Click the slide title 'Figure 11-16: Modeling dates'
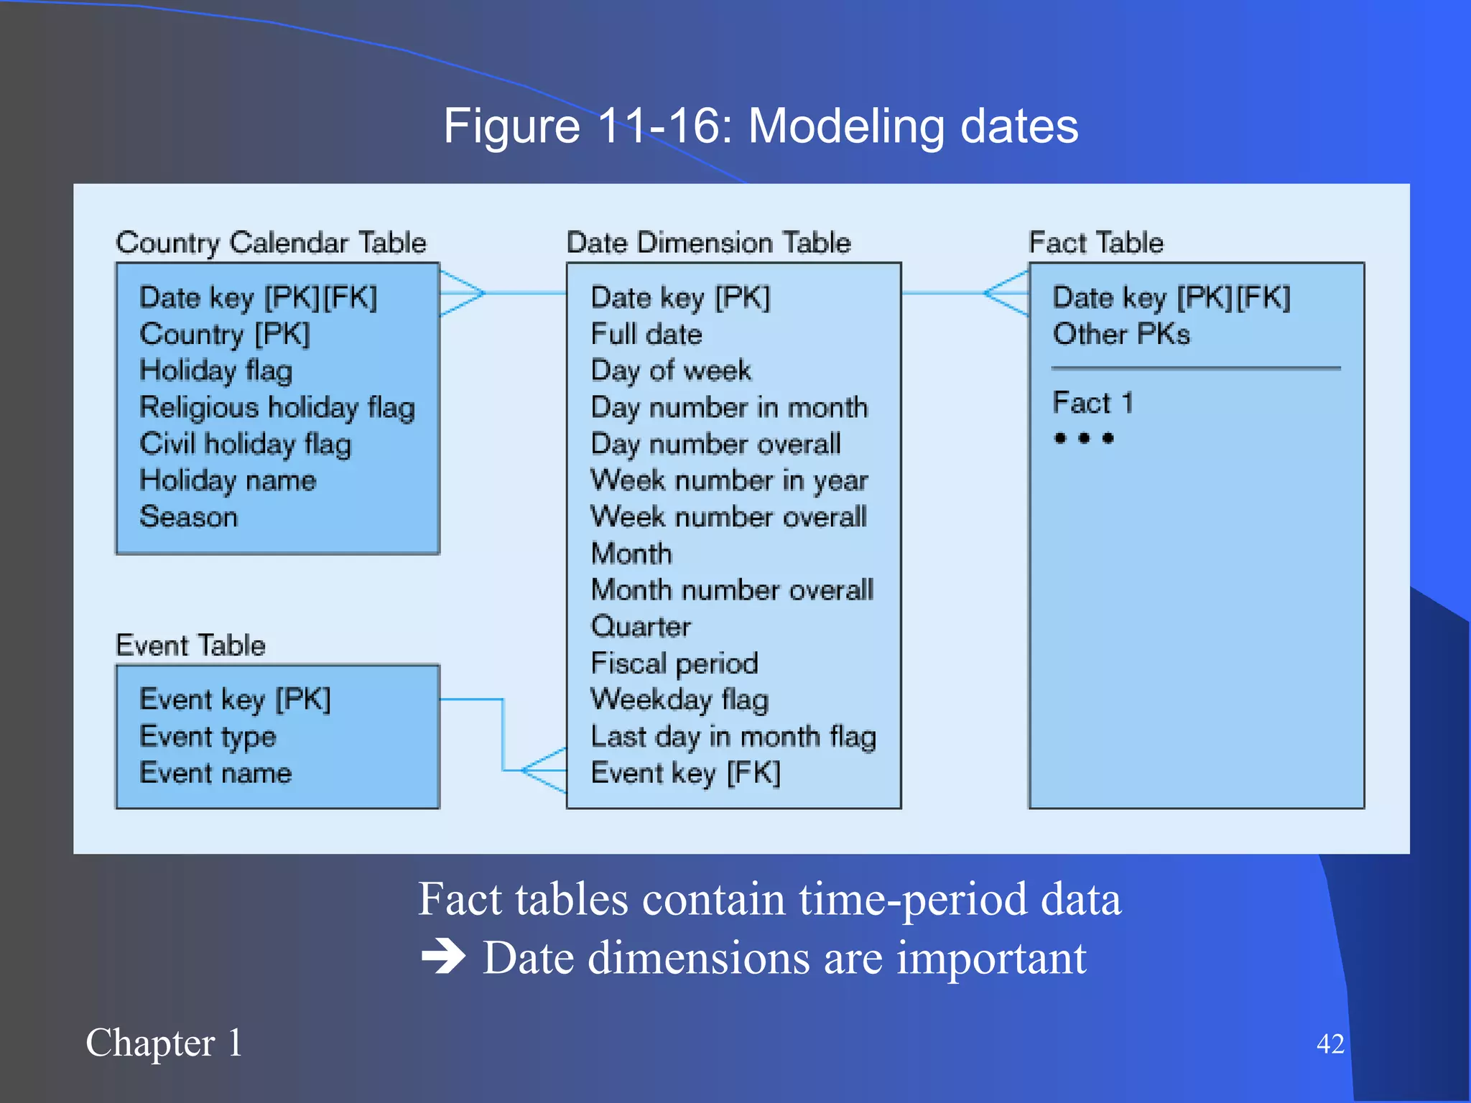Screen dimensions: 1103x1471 point(760,126)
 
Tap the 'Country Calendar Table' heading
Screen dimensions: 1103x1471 point(271,243)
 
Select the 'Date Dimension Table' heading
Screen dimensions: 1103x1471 point(708,243)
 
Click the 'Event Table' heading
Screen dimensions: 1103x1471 point(190,645)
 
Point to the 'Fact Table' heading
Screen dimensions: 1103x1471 point(1095,243)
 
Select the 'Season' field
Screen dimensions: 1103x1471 point(188,517)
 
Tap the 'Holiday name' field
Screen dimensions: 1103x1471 point(228,480)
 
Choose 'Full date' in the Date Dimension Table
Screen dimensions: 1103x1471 point(646,335)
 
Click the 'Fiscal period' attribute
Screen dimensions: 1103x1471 point(674,664)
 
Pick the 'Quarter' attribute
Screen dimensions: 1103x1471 point(640,627)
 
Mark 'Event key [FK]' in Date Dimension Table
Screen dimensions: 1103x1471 point(685,773)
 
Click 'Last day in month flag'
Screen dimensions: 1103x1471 point(733,737)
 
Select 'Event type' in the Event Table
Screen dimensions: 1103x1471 point(208,737)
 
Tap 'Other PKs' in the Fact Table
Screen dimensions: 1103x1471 point(1120,335)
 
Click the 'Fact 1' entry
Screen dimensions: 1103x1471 point(1092,403)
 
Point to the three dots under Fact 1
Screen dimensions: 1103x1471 point(1083,438)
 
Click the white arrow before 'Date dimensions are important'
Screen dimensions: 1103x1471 point(443,957)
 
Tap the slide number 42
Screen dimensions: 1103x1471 point(1330,1043)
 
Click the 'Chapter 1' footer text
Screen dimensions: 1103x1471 point(164,1043)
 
